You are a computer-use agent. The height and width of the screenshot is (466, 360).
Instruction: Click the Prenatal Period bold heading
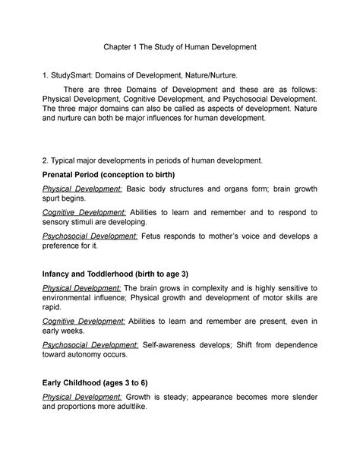(x=111, y=174)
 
